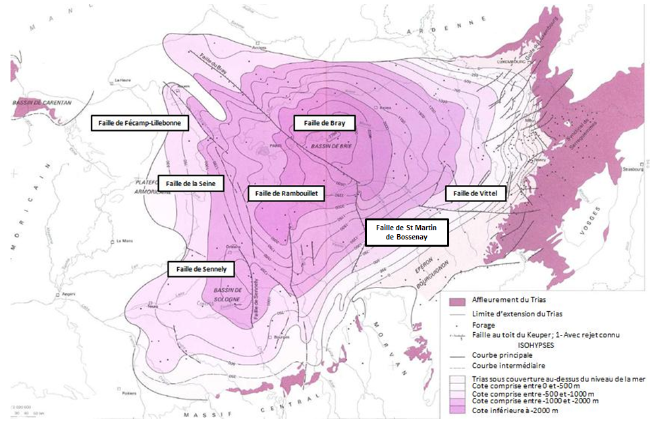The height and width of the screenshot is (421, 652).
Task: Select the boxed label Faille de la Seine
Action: pos(191,184)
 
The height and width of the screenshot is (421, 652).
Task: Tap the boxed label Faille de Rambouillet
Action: pos(287,193)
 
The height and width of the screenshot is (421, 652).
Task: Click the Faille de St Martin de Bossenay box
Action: pos(407,232)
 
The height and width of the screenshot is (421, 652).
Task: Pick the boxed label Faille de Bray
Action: pos(324,122)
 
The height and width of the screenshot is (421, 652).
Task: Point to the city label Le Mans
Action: pos(125,241)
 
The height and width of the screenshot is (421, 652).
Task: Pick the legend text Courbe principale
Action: pos(503,355)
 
